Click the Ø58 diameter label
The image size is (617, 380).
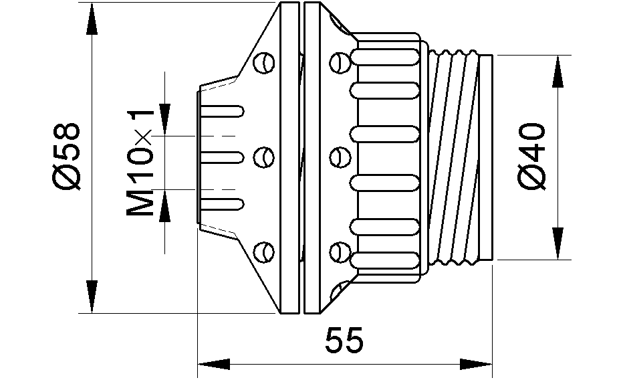66,157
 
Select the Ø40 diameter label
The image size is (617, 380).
531,157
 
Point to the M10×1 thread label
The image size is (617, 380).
140,163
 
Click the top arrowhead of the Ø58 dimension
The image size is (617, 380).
92,19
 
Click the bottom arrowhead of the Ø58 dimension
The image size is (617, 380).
92,296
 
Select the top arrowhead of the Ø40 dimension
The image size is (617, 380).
558,72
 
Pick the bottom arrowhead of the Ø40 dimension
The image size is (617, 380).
558,244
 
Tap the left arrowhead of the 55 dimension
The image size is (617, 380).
213,364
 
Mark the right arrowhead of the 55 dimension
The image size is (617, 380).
476,364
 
